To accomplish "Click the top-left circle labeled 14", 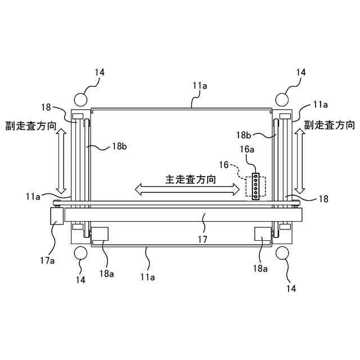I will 80,99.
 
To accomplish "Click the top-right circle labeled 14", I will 282,99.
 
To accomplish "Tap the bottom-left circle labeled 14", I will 80,253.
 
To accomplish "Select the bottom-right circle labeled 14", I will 282,253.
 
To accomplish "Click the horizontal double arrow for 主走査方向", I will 186,191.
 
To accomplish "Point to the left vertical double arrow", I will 62,161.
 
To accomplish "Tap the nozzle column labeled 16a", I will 255,186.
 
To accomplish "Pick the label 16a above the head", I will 247,150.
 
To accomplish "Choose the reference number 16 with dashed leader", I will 224,165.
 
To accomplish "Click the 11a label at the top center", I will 200,86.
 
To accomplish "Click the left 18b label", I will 119,146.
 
